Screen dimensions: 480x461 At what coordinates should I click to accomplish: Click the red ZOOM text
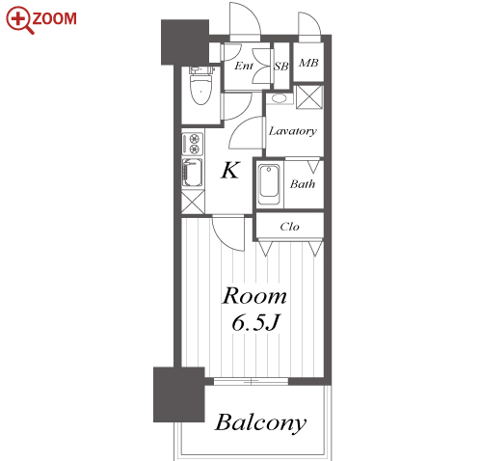click(x=55, y=18)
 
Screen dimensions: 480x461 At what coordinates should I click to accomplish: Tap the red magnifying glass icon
click(x=20, y=20)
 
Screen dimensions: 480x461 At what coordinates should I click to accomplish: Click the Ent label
click(x=244, y=66)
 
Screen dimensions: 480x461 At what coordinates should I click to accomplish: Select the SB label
click(x=281, y=67)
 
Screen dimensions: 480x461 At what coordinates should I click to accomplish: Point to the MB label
click(x=308, y=63)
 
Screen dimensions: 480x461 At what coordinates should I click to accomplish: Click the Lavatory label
click(x=293, y=131)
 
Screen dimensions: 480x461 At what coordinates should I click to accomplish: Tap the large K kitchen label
click(x=230, y=170)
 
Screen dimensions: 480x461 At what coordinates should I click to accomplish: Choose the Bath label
click(x=303, y=184)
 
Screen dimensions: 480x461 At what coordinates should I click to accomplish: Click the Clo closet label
click(x=289, y=227)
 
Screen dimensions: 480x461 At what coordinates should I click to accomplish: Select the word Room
click(x=254, y=296)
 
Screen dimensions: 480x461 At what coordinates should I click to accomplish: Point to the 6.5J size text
click(x=256, y=322)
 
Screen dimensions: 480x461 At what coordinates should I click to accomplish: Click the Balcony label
click(x=260, y=422)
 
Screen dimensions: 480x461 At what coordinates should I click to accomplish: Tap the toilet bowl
click(x=200, y=86)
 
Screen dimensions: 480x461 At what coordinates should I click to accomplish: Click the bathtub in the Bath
click(x=269, y=184)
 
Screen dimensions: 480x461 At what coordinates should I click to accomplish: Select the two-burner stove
click(x=193, y=144)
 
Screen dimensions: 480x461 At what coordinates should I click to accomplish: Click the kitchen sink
click(x=192, y=173)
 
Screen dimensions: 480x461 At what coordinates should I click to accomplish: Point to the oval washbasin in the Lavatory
click(x=279, y=98)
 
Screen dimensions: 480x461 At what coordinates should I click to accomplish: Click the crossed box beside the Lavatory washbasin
click(x=309, y=96)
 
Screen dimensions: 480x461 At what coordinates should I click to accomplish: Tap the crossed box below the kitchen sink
click(x=193, y=202)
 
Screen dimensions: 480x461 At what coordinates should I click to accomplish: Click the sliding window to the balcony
click(x=251, y=382)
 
